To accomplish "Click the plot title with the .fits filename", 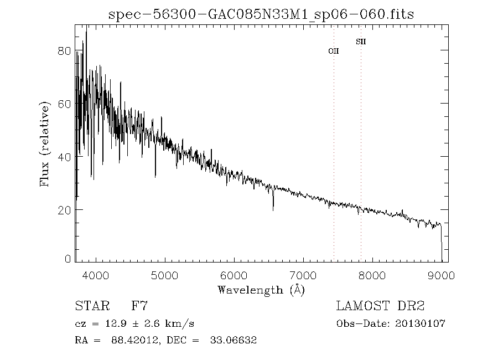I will [x=261, y=13].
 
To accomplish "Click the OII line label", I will [x=333, y=51].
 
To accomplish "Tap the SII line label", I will [x=361, y=42].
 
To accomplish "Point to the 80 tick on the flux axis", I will [x=64, y=51].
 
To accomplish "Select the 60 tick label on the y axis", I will [x=64, y=104].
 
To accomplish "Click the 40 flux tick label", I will [x=64, y=157].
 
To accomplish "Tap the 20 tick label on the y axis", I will [x=64, y=210].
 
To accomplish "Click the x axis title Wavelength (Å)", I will [x=261, y=289].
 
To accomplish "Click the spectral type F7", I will [x=139, y=306].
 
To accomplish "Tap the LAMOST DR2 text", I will [x=380, y=306].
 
